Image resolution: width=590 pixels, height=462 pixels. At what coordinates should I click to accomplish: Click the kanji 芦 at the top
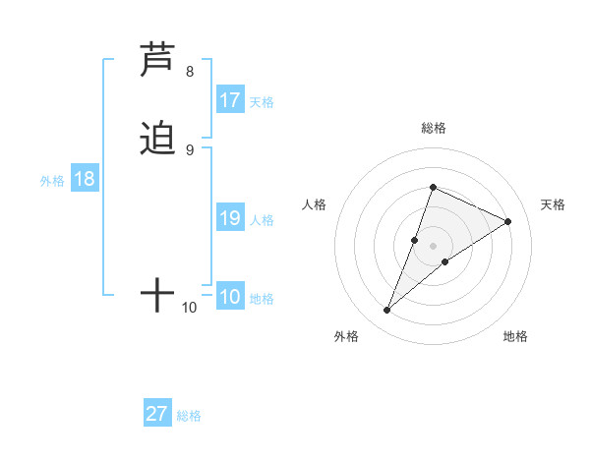click(158, 61)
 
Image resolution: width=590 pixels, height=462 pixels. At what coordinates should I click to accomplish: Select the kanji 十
click(157, 294)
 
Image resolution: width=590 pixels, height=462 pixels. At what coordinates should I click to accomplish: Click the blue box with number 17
click(230, 100)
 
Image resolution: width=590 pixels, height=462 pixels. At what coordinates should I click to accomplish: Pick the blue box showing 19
click(230, 218)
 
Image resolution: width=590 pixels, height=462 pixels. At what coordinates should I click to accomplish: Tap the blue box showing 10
click(230, 297)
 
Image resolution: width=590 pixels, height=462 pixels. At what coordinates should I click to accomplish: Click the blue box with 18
click(85, 179)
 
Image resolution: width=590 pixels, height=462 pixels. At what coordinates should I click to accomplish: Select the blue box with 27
click(157, 414)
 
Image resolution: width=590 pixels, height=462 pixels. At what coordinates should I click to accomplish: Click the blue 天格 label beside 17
click(262, 102)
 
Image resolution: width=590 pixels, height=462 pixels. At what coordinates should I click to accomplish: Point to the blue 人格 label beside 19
click(262, 220)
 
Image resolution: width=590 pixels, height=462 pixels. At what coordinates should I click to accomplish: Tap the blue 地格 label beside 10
click(262, 299)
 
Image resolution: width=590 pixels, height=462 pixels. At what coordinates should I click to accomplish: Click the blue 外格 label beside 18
click(52, 181)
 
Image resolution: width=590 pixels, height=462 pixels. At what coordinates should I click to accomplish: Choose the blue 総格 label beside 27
click(189, 416)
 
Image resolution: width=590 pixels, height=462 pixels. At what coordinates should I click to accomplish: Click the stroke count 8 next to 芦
click(190, 72)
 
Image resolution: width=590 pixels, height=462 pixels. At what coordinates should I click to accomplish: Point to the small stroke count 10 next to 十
click(190, 308)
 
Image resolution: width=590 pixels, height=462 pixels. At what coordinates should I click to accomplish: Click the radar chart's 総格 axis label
click(434, 128)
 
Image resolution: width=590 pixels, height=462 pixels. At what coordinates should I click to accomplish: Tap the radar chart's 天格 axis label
click(553, 204)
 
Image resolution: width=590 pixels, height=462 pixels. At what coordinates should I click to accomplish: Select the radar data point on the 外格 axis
click(387, 311)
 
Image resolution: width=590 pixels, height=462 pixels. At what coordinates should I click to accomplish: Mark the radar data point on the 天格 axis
click(508, 221)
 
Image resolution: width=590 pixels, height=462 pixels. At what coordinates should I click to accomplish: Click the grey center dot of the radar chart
click(434, 245)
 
